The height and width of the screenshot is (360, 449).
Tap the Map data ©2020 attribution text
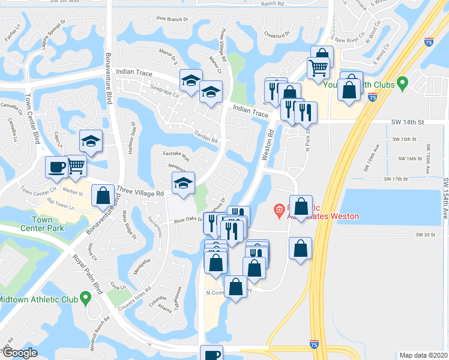pyautogui.click(x=424, y=355)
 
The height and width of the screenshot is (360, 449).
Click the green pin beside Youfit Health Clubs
pyautogui.click(x=403, y=83)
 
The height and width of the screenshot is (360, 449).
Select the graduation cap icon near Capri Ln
pyautogui.click(x=91, y=141)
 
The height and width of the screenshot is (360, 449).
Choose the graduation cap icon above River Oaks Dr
pyautogui.click(x=183, y=182)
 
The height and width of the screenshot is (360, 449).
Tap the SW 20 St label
pyautogui.click(x=423, y=235)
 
